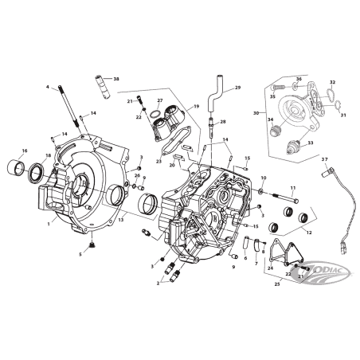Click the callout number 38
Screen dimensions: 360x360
[116, 79]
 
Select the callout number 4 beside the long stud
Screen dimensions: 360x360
[48, 87]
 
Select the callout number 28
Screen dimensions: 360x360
[223, 122]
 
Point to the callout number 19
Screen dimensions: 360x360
[195, 106]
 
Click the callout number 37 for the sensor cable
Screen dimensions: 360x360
[325, 160]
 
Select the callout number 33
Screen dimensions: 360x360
[311, 143]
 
